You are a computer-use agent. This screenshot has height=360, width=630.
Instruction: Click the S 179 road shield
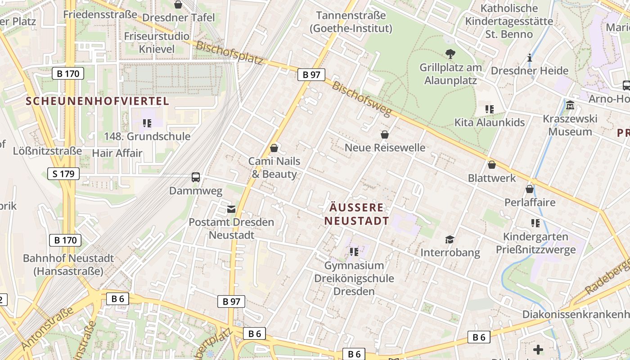click(x=63, y=174)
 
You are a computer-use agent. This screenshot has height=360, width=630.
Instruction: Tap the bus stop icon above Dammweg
click(x=196, y=177)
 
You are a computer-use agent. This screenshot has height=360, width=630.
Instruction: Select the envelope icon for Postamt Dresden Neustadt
click(x=231, y=209)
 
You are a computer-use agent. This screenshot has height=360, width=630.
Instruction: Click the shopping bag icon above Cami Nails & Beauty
click(x=274, y=148)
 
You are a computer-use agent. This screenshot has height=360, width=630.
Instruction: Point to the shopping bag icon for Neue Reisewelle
click(x=385, y=135)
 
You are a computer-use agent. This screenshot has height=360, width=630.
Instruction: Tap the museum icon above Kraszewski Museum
click(x=571, y=105)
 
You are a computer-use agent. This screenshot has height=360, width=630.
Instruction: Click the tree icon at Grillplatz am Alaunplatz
click(x=450, y=54)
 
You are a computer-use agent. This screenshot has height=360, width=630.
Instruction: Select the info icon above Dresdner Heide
click(x=530, y=58)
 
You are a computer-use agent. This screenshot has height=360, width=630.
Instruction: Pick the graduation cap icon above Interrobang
click(x=450, y=239)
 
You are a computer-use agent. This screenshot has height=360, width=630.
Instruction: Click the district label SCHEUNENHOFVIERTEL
click(x=98, y=101)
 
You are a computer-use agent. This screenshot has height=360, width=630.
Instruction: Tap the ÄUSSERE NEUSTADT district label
click(x=356, y=214)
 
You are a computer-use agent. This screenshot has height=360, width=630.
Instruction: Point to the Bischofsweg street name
click(x=361, y=99)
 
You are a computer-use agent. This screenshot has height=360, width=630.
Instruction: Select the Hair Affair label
click(x=117, y=153)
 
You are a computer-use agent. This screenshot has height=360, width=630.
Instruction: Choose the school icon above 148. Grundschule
click(x=147, y=123)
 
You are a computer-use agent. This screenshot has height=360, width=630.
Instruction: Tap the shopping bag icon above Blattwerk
click(x=492, y=165)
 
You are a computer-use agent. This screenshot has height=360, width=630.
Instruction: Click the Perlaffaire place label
click(x=530, y=202)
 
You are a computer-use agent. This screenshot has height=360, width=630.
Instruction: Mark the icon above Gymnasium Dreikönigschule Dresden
click(x=354, y=252)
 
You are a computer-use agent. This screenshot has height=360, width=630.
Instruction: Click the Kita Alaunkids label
click(x=490, y=123)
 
